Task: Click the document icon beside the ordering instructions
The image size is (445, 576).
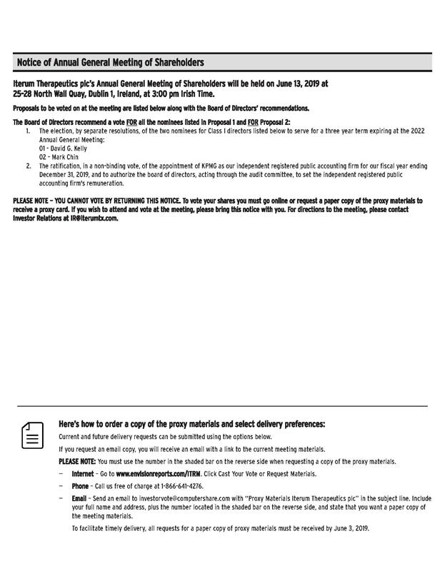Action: (32, 435)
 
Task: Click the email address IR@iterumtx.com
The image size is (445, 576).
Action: (94, 218)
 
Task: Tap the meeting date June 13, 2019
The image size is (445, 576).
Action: (294, 84)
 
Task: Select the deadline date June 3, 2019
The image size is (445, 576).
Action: (349, 529)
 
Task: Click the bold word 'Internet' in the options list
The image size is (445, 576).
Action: (82, 473)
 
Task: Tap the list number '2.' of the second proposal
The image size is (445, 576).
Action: (29, 166)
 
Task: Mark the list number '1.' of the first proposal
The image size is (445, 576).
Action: (29, 131)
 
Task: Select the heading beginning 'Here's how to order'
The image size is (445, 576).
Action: (191, 424)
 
